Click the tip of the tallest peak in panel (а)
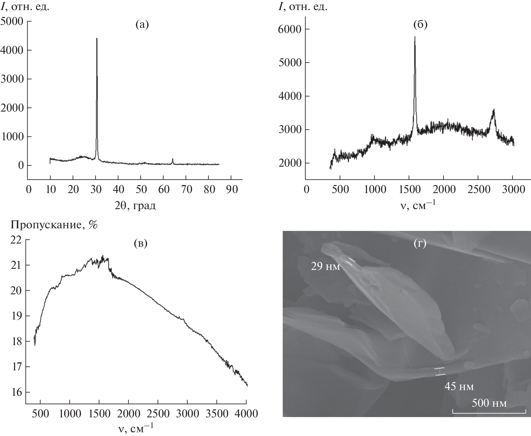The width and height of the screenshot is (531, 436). pyautogui.click(x=97, y=38)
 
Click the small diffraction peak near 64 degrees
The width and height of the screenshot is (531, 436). pyautogui.click(x=173, y=159)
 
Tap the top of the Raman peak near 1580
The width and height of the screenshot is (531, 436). pyautogui.click(x=415, y=37)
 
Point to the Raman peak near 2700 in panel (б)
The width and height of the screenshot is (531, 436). pyautogui.click(x=494, y=110)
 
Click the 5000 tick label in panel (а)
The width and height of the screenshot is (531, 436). pyautogui.click(x=12, y=22)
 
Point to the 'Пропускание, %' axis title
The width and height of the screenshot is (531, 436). pyautogui.click(x=54, y=225)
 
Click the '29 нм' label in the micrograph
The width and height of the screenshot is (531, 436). pyautogui.click(x=325, y=267)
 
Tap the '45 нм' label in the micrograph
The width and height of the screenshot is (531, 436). pyautogui.click(x=459, y=387)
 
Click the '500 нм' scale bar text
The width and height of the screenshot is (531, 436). pyautogui.click(x=489, y=403)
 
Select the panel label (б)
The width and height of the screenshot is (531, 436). pyautogui.click(x=420, y=25)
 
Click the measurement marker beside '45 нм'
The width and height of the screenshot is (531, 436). pyautogui.click(x=439, y=371)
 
